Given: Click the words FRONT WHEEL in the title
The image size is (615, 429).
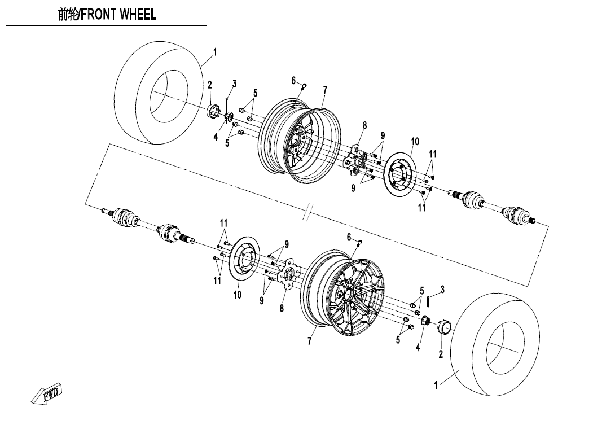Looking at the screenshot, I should tap(118, 15).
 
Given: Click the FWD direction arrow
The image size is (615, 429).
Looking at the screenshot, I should tap(47, 393).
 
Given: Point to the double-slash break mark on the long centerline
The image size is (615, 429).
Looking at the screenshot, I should tap(308, 214).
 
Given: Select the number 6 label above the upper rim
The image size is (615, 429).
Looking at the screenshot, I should tap(294, 81).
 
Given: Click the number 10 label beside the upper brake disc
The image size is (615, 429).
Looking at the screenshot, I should tap(415, 141).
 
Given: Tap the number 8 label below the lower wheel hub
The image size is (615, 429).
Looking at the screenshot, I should tap(282, 308).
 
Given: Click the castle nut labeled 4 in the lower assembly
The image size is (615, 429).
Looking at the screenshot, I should tap(427, 322).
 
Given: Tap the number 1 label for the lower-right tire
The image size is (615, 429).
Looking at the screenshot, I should tap(436, 386).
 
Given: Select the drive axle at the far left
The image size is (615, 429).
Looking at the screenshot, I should tap(147, 222).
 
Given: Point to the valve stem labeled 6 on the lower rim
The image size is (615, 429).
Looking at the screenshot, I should tap(359, 243).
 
